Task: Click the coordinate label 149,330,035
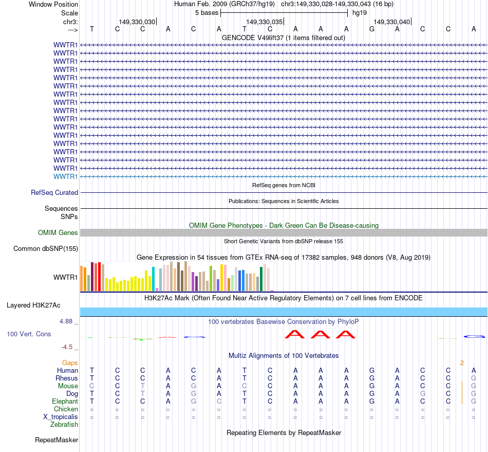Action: coord(264,22)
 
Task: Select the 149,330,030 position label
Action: coord(137,22)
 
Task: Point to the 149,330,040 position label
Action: coord(392,22)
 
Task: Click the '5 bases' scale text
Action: coord(207,12)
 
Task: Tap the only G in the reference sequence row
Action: coord(372,29)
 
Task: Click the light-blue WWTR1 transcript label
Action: coord(66,176)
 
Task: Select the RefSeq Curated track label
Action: coord(54,192)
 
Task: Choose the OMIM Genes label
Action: coord(58,233)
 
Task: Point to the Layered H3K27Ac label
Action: coord(33,305)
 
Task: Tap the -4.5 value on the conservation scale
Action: coord(67,347)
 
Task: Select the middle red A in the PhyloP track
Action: coord(321,334)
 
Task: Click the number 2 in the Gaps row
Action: coord(462,363)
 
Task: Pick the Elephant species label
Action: coord(65,401)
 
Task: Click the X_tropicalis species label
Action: coord(61,417)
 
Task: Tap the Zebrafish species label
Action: coord(64,424)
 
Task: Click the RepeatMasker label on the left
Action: coord(57,440)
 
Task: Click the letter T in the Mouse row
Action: coord(143,386)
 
